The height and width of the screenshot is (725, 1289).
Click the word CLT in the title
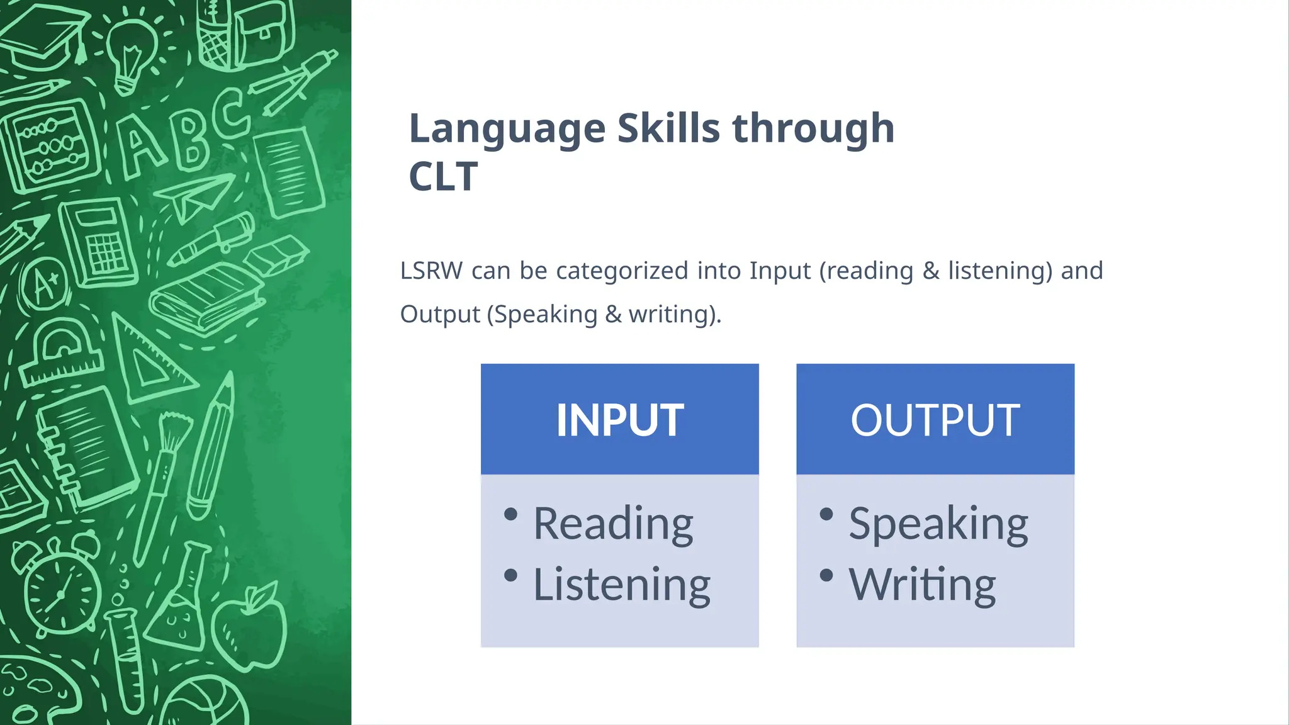443,177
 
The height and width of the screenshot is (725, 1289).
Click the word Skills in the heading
668,129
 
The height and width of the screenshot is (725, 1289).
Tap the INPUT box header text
619,420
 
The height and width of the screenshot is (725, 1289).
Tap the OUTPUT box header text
935,420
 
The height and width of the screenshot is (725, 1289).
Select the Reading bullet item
613,524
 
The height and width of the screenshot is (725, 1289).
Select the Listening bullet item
621,585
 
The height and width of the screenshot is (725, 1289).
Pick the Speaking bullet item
938,524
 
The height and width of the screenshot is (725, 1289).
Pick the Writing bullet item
922,585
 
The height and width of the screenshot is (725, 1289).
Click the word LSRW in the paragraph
431,271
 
